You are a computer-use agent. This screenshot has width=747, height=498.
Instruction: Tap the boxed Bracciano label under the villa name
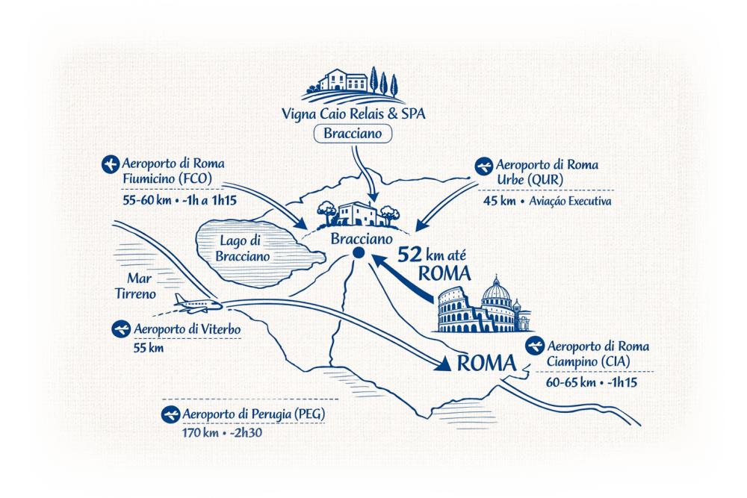(x=353, y=134)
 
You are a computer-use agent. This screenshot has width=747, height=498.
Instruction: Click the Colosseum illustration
(x=462, y=312)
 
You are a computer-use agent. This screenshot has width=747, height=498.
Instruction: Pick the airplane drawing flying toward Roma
(x=196, y=302)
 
